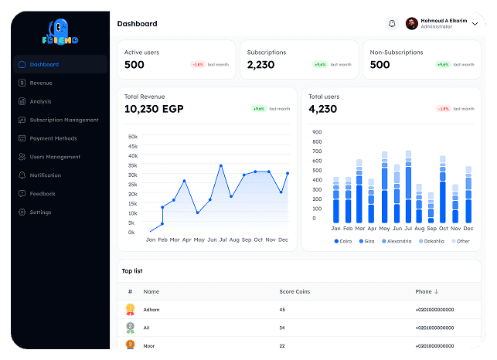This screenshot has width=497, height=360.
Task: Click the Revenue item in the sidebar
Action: click(x=40, y=83)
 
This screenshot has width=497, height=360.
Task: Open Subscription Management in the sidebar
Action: click(x=63, y=120)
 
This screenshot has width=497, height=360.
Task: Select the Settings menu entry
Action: click(x=40, y=212)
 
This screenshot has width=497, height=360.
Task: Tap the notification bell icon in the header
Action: click(x=392, y=24)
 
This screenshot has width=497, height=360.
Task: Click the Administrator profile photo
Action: click(x=412, y=24)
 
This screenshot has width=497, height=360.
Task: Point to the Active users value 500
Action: click(x=134, y=65)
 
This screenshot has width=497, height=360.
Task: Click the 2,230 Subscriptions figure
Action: click(x=261, y=65)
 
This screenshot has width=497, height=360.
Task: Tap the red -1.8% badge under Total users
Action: click(x=444, y=109)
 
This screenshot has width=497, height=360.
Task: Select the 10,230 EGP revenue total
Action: click(x=154, y=109)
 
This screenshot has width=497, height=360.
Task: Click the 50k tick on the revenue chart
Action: click(x=132, y=136)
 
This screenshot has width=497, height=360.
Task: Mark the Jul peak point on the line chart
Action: click(x=221, y=165)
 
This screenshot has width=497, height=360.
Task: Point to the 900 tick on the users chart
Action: click(x=317, y=131)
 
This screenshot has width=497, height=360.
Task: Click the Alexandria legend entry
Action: click(x=397, y=241)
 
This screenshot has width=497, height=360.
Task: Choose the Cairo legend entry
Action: click(x=345, y=241)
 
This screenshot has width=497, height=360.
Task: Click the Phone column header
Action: click(x=427, y=291)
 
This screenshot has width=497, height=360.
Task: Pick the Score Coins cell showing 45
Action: click(x=282, y=309)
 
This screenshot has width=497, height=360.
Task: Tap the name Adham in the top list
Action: click(x=151, y=309)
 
